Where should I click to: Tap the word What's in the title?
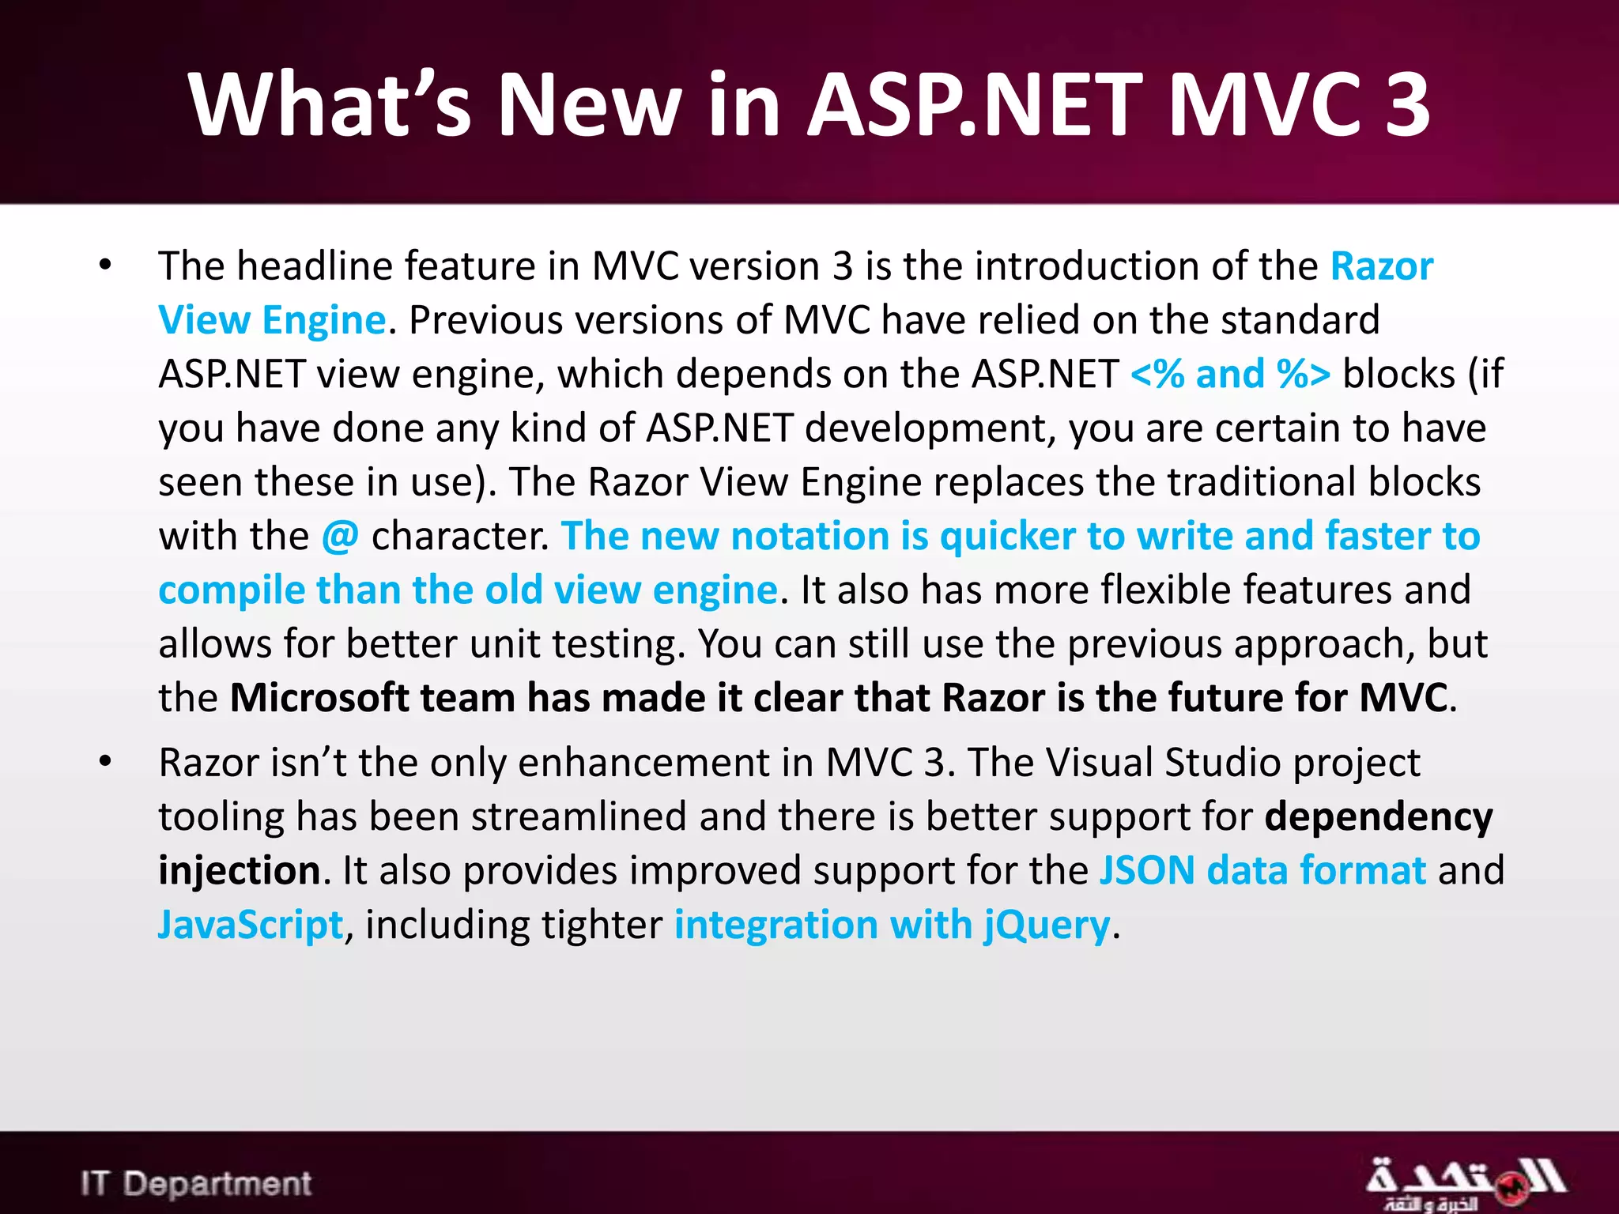(x=330, y=104)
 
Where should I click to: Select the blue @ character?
(x=340, y=537)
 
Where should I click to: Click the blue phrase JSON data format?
(x=1262, y=871)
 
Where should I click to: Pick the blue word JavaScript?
(x=251, y=925)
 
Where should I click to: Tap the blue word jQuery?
(x=1047, y=925)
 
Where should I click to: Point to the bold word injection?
(x=239, y=871)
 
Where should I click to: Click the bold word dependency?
(x=1378, y=817)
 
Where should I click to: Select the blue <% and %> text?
(x=1230, y=375)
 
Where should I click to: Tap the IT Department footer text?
(x=195, y=1183)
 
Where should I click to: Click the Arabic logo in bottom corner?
(x=1465, y=1183)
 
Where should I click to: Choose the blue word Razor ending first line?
(x=1381, y=266)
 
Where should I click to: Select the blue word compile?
(x=231, y=590)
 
